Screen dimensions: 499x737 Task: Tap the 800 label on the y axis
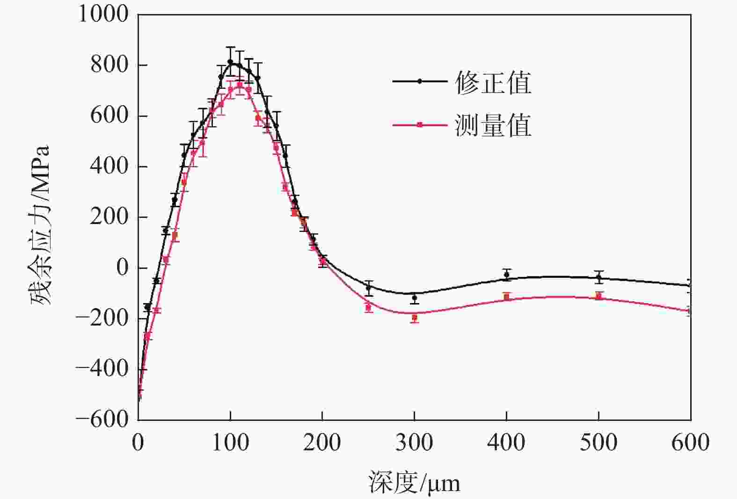[x=109, y=65]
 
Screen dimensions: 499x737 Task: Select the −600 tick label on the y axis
[x=102, y=419]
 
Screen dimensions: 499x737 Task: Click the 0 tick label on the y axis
[x=122, y=268]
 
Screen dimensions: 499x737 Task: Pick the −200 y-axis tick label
[x=102, y=318]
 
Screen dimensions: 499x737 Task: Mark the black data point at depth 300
[x=414, y=297]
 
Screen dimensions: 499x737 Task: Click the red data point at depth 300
[x=414, y=318]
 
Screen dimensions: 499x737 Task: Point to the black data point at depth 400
[x=506, y=275]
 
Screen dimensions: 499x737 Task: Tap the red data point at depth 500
[x=598, y=296]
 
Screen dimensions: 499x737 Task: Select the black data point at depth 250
[x=369, y=288]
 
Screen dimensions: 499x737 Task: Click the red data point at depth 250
[x=368, y=307]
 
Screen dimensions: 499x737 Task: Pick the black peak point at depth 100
[x=230, y=62]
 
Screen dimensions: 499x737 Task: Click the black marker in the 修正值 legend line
[x=420, y=81]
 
